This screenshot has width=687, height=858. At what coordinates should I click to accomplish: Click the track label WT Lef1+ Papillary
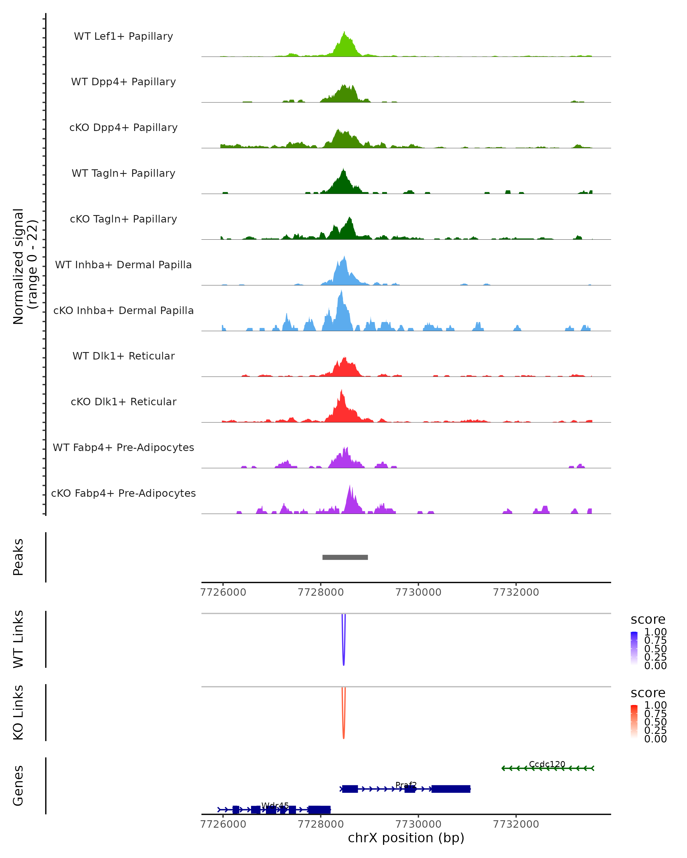point(123,36)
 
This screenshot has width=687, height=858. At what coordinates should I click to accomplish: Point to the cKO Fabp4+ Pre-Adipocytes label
point(123,493)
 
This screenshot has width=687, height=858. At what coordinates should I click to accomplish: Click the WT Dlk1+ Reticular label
point(123,356)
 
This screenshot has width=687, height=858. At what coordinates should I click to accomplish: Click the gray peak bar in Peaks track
point(345,557)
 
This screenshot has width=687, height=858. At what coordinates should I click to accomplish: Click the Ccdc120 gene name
point(547,764)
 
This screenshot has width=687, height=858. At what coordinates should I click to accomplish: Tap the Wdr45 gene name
point(275,805)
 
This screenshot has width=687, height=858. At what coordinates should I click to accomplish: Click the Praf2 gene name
point(406,785)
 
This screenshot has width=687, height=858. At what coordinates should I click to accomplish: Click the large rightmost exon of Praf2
point(451,789)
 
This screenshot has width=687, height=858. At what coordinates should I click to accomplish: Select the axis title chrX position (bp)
point(406,838)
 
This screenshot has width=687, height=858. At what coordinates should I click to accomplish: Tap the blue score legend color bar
point(634,648)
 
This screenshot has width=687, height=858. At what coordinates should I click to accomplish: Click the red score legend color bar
point(634,721)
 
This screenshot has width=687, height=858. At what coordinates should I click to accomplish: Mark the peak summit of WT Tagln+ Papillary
point(343,169)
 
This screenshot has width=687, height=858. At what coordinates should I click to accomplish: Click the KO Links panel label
point(18,712)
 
